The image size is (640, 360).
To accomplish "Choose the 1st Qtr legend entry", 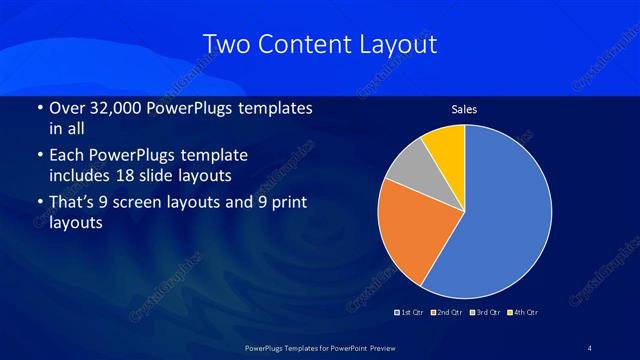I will pyautogui.click(x=410, y=313).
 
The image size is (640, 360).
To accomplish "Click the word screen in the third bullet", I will pyautogui.click(x=163, y=203).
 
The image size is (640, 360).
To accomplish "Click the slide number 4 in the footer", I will pyautogui.click(x=590, y=347).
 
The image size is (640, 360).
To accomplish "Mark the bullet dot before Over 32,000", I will pyautogui.click(x=38, y=108).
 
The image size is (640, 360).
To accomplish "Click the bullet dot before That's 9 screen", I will pyautogui.click(x=38, y=203).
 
